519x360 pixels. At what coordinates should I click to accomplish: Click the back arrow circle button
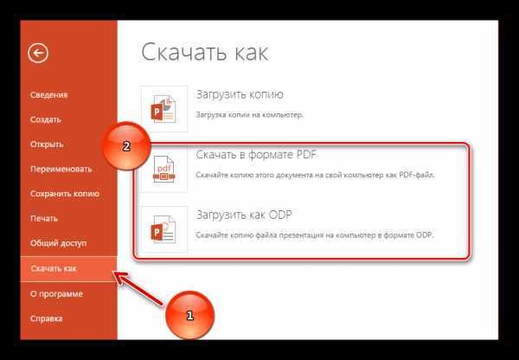click(x=38, y=53)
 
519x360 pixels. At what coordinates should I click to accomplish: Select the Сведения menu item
click(x=48, y=94)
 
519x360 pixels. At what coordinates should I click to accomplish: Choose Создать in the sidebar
click(x=45, y=119)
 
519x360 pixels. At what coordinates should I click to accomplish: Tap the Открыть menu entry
click(x=47, y=145)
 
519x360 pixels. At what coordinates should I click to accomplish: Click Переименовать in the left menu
click(x=61, y=169)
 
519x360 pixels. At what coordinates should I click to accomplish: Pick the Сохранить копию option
click(x=65, y=194)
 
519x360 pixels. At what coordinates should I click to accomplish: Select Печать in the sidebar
click(x=44, y=219)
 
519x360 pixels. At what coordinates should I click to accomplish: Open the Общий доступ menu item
click(x=58, y=243)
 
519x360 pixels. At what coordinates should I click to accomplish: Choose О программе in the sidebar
click(x=56, y=294)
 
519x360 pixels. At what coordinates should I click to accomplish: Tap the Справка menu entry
click(x=46, y=318)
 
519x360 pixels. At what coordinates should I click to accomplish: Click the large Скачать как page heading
click(x=204, y=52)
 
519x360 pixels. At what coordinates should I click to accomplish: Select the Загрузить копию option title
click(x=240, y=94)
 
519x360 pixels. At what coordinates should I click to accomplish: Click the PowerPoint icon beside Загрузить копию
click(x=163, y=109)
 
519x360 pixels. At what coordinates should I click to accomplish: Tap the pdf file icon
click(x=163, y=169)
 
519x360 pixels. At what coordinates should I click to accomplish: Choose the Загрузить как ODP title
click(x=244, y=215)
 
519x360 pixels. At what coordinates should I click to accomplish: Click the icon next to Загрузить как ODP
click(x=163, y=229)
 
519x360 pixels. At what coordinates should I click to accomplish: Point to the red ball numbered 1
click(x=189, y=315)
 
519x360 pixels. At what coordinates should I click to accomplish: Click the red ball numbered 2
click(x=126, y=146)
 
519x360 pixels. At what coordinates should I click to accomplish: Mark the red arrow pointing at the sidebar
click(x=138, y=288)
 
